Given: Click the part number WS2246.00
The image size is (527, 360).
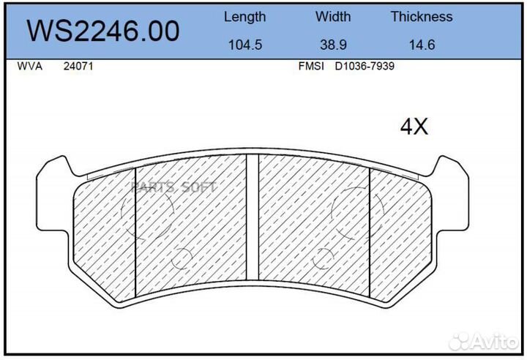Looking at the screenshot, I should pos(102,31).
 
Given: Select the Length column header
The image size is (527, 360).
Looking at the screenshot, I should pos(244,17).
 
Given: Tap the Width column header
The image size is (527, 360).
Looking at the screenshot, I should pos(333,17).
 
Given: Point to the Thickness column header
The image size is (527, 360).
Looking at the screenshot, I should pos(421,17).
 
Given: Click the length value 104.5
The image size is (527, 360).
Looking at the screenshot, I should pos(244,45).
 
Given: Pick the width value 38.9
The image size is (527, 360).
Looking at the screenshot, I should pos(333,45).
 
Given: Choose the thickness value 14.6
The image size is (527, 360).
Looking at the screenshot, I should pos(422,45).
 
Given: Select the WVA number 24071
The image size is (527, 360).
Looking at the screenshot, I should pos(78,66).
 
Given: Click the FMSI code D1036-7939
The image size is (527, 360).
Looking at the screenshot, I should pos(365,66).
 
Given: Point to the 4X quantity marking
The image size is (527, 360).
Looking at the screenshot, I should pos(413,127).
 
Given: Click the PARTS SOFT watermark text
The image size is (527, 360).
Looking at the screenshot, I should pos(173,187).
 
